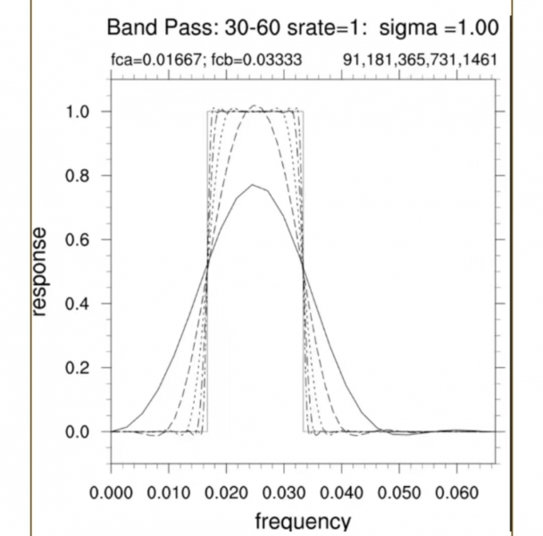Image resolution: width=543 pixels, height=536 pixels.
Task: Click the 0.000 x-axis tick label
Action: pyautogui.click(x=111, y=490)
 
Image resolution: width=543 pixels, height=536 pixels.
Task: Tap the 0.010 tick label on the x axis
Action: pyautogui.click(x=168, y=490)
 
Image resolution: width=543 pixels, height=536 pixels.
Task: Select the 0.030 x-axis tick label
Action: pyautogui.click(x=283, y=490)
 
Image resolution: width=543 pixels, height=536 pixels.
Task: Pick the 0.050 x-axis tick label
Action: pyautogui.click(x=398, y=490)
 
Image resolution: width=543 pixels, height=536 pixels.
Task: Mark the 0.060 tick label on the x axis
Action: pyautogui.click(x=455, y=490)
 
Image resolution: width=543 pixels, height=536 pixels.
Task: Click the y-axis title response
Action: pyautogui.click(x=38, y=271)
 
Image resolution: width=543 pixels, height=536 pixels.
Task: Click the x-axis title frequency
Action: pyautogui.click(x=303, y=521)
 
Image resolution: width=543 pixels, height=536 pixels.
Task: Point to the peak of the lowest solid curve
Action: pyautogui.click(x=254, y=185)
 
